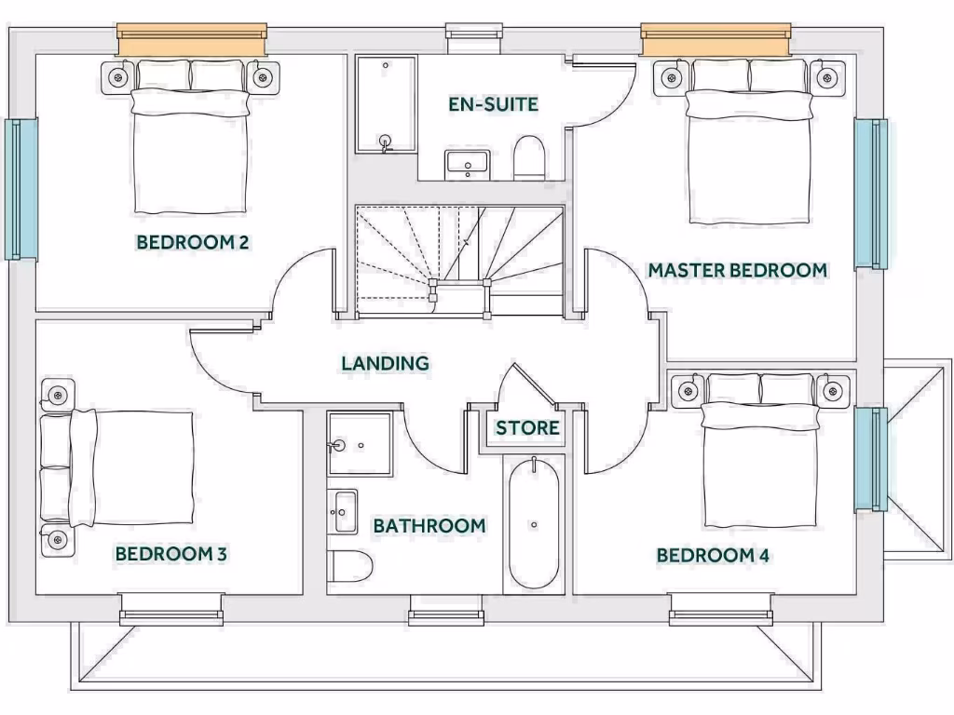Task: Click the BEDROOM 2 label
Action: click(192, 243)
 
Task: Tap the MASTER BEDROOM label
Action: click(737, 270)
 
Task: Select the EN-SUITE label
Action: click(493, 104)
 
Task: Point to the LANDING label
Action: click(385, 363)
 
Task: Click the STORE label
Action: click(527, 428)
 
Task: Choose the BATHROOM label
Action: click(429, 526)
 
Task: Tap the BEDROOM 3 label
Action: click(171, 554)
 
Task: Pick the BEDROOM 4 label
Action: click(713, 556)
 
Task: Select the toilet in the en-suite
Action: click(529, 159)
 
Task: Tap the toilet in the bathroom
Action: click(350, 565)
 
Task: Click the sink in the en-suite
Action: click(466, 164)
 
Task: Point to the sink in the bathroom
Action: click(345, 511)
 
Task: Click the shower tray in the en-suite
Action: click(386, 104)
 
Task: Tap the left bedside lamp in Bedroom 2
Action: click(117, 77)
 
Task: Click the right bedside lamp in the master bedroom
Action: click(826, 76)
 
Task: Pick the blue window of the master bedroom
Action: click(871, 193)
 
